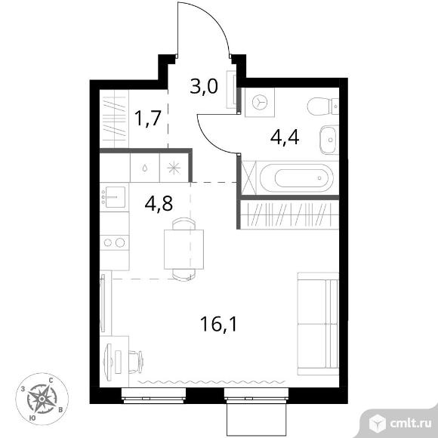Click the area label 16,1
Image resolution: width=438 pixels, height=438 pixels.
pyautogui.click(x=219, y=324)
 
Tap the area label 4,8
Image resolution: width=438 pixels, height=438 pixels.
pyautogui.click(x=159, y=203)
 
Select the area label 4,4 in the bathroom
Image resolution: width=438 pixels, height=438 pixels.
pyautogui.click(x=285, y=137)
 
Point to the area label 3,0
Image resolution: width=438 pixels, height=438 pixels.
pyautogui.click(x=204, y=86)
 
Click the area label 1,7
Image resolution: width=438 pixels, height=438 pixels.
pyautogui.click(x=148, y=118)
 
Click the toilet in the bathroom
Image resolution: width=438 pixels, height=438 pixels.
pyautogui.click(x=323, y=106)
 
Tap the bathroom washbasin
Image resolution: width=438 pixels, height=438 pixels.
pyautogui.click(x=329, y=140)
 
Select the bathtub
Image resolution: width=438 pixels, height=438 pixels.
pyautogui.click(x=296, y=177)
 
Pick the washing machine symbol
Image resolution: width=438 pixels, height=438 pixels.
pyautogui.click(x=260, y=102)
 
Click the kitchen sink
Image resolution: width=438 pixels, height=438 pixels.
pyautogui.click(x=115, y=197)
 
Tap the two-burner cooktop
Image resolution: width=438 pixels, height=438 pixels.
pyautogui.click(x=114, y=242)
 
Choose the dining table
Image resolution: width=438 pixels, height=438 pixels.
pyautogui.click(x=184, y=249)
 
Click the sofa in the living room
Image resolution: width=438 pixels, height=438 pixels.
pyautogui.click(x=318, y=324)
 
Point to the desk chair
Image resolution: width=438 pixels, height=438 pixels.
pyautogui.click(x=136, y=362)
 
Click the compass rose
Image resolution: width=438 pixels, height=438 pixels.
pyautogui.click(x=42, y=399)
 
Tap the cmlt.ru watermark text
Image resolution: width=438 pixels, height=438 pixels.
pyautogui.click(x=411, y=424)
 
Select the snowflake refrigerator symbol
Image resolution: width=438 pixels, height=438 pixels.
pyautogui.click(x=174, y=168)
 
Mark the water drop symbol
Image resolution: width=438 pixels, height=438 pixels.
pyautogui.click(x=145, y=168)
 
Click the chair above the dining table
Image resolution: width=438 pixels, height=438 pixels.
pyautogui.click(x=184, y=224)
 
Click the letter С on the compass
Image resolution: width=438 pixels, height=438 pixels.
pyautogui.click(x=51, y=380)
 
